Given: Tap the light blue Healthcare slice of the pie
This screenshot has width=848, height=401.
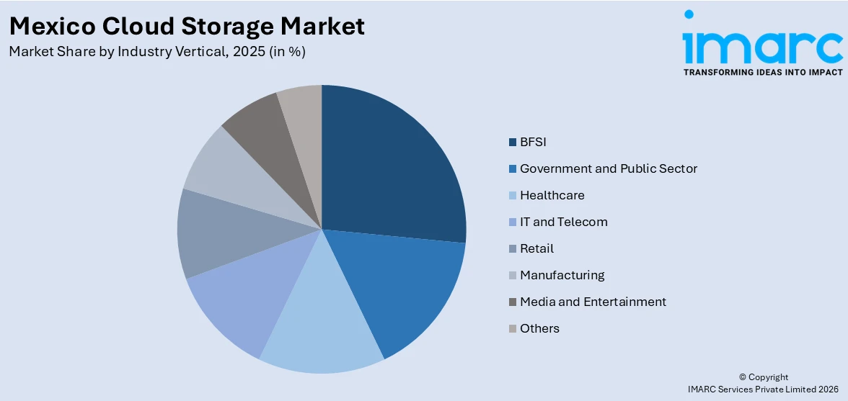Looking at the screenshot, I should pyautogui.click(x=321, y=324).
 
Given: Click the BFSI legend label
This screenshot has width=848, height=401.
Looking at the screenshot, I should pyautogui.click(x=533, y=142).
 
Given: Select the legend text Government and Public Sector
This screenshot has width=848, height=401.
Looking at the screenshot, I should pyautogui.click(x=608, y=168).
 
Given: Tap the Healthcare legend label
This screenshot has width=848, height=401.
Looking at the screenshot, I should pyautogui.click(x=552, y=195).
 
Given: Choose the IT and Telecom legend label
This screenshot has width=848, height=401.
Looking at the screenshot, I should pyautogui.click(x=563, y=222).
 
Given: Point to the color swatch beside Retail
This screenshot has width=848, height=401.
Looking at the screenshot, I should pyautogui.click(x=513, y=249).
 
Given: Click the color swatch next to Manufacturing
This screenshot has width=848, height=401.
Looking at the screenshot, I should pyautogui.click(x=513, y=276).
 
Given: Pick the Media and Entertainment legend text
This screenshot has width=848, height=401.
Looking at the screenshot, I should pyautogui.click(x=593, y=302).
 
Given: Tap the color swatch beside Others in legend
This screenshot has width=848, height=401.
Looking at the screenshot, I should pyautogui.click(x=513, y=329).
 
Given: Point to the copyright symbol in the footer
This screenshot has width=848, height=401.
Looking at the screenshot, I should pyautogui.click(x=743, y=377).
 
